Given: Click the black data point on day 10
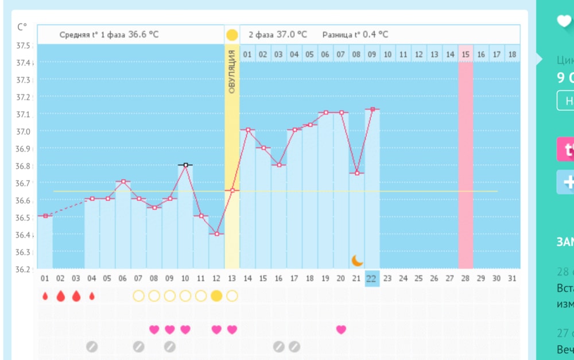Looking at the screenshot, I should [185, 165].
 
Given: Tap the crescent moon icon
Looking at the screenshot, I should [357, 261].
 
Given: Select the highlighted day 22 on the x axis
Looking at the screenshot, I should [371, 278].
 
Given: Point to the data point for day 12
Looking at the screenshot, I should [216, 234].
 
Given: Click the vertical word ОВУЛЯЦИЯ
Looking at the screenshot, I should [232, 71].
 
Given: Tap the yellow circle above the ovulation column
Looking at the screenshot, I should [232, 35].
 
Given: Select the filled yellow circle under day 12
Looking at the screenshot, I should [216, 296].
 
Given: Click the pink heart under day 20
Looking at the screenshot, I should [341, 330].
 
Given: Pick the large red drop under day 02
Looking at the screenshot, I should [60, 296].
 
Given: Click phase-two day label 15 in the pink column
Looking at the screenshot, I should [466, 55].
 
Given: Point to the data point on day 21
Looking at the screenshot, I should [357, 173].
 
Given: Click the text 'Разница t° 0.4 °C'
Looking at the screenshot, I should [355, 34].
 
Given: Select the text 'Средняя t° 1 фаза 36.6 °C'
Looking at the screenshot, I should [109, 34].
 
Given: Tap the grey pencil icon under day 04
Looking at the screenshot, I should [91, 346].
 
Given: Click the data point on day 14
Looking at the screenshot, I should [248, 130].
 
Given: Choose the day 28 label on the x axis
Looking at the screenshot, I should [466, 278].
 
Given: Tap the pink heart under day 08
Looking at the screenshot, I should [154, 330].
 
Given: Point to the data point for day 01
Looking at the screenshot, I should [45, 216].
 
